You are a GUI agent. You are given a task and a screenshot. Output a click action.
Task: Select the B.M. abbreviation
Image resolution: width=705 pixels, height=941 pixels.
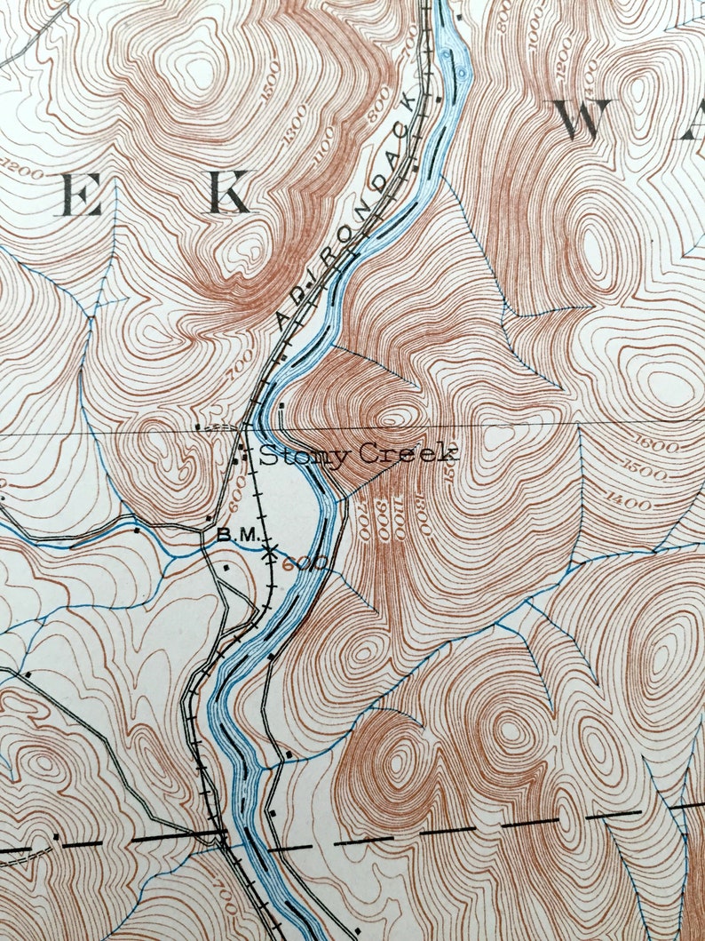coord(236,536)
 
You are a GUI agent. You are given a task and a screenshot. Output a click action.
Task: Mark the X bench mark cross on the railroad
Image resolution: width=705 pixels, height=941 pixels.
coord(269,551)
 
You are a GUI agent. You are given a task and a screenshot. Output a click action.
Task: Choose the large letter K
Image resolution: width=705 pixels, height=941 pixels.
coord(229,193)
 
